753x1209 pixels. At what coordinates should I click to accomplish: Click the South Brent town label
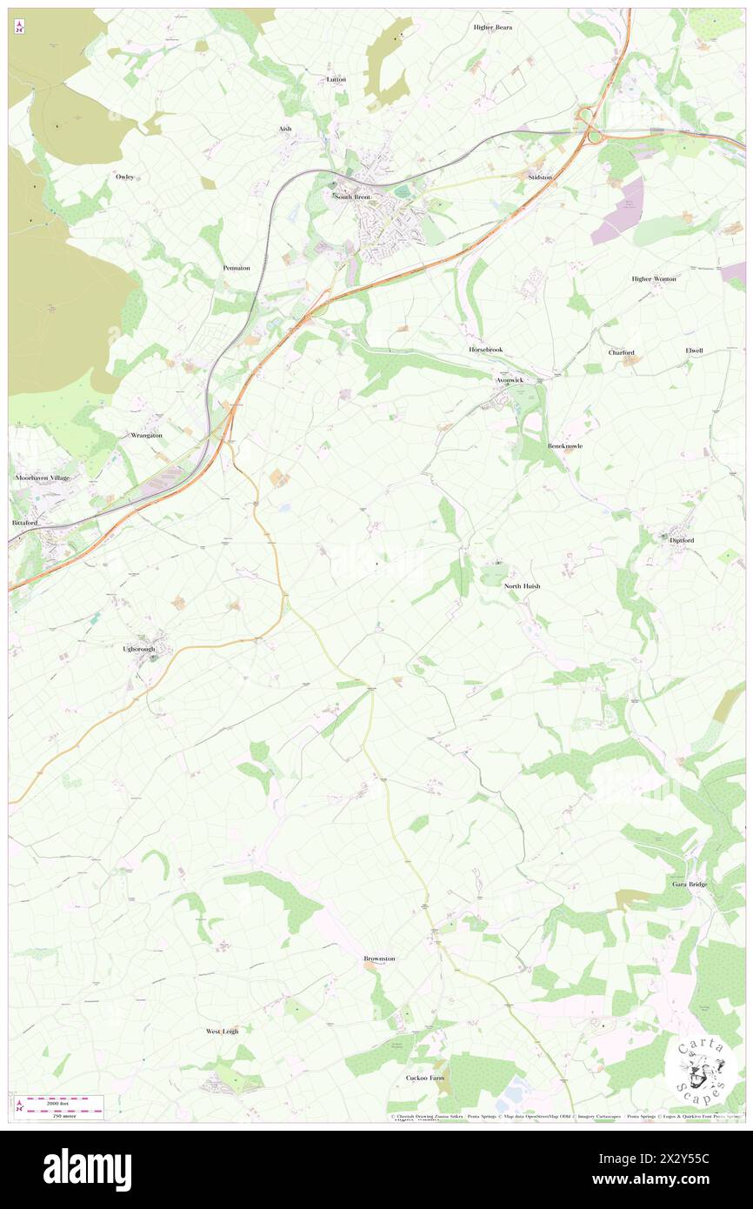[352, 197]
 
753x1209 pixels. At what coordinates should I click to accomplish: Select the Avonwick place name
[510, 380]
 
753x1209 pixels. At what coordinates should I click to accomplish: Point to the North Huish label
[523, 586]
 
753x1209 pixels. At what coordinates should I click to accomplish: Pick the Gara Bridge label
[690, 884]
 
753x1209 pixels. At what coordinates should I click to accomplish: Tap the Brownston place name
[379, 959]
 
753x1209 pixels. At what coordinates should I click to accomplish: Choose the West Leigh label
[222, 1031]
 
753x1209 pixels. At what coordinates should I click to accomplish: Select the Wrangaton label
[146, 435]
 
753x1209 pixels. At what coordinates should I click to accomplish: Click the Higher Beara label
[492, 27]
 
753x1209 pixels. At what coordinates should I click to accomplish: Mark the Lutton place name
[336, 79]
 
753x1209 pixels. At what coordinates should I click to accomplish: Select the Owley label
[124, 177]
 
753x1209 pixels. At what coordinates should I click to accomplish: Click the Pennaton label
[236, 268]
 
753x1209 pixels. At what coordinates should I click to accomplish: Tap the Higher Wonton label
[654, 278]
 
